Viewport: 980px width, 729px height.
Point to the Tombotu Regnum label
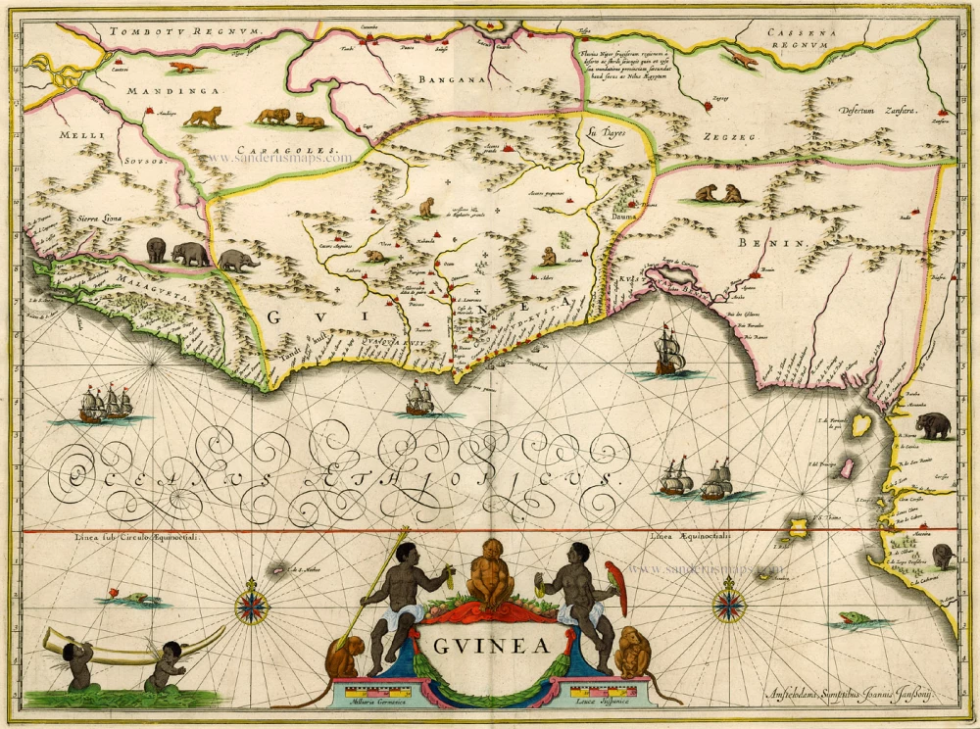185,31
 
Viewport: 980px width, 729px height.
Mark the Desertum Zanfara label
876,111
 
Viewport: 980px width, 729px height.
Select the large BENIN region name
779,240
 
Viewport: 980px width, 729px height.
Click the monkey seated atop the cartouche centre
489,573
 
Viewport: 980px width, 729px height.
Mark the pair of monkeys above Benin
719,194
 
